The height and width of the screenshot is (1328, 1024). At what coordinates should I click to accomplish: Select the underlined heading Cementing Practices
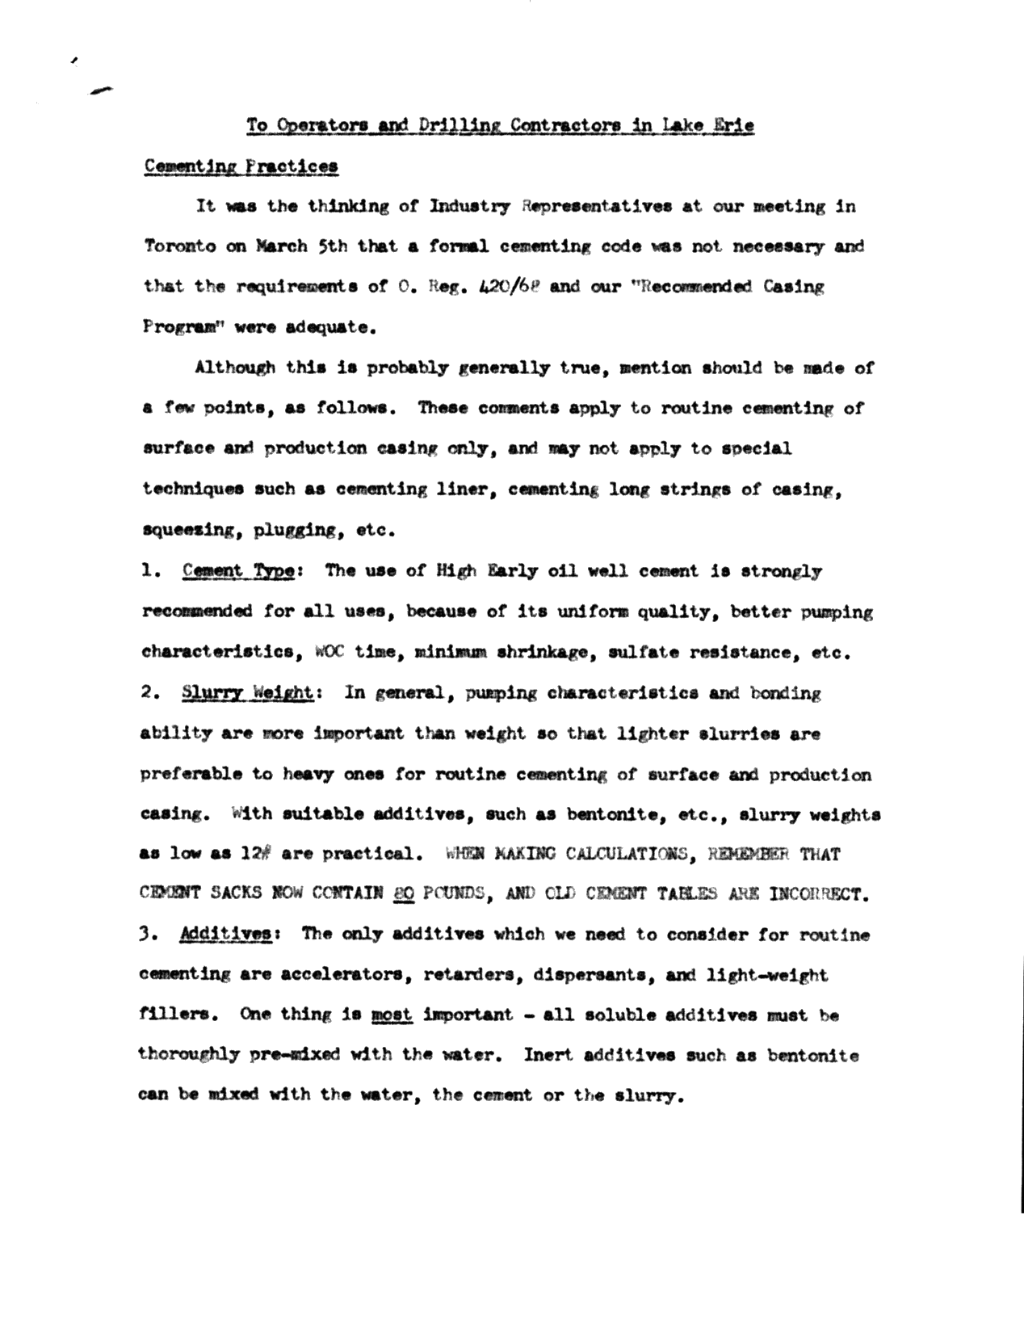tap(241, 166)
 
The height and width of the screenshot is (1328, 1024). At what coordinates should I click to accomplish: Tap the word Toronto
tap(179, 246)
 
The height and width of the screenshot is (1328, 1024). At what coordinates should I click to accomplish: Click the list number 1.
tap(148, 571)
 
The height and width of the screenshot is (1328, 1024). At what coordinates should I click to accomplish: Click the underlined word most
tap(392, 1015)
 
